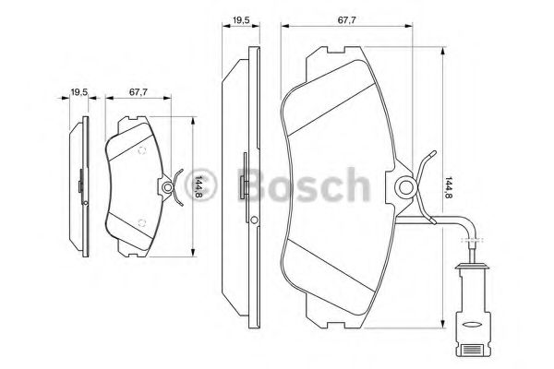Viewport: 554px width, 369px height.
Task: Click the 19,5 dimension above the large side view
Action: [241, 20]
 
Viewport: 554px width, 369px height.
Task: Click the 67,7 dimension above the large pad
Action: [346, 20]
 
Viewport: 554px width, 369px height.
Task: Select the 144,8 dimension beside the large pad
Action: [449, 187]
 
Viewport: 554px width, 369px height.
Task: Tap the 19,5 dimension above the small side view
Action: [79, 92]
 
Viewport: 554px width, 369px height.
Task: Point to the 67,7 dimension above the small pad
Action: [138, 92]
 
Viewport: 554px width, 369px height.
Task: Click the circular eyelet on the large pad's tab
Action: [405, 187]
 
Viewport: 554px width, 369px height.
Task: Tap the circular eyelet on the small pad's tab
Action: [167, 187]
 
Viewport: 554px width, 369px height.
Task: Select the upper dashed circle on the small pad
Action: [142, 150]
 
